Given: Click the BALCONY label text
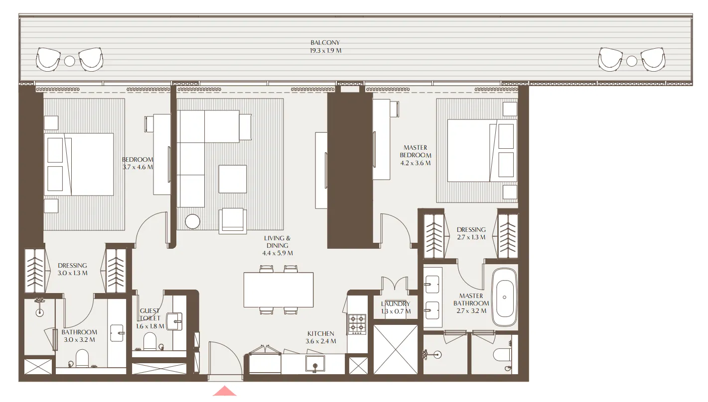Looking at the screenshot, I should pos(325,43).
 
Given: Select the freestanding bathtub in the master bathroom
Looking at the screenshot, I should pos(505,297).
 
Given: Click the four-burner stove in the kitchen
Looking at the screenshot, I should pos(356,323).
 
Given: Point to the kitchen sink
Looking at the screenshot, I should pos(315,363).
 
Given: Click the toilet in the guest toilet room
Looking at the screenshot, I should pos(150,342).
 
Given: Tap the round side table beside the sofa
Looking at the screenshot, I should pos(193,221).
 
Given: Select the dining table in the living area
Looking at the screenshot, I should pos(279,290).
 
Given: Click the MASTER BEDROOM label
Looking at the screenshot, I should pos(416,152).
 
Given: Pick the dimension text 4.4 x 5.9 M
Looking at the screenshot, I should pos(278,253).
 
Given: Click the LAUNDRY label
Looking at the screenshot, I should pos(395,304).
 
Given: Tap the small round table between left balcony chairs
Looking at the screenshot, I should pos(70,61).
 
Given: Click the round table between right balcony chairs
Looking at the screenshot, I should pos(632,61).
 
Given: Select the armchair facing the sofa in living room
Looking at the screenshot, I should pos(232,220).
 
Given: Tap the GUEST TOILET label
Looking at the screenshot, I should pos(150,314).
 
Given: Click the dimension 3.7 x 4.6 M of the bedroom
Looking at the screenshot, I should pos(138,167).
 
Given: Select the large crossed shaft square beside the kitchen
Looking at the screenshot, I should pos(396,349).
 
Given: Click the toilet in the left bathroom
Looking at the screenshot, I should pos(82,358).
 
